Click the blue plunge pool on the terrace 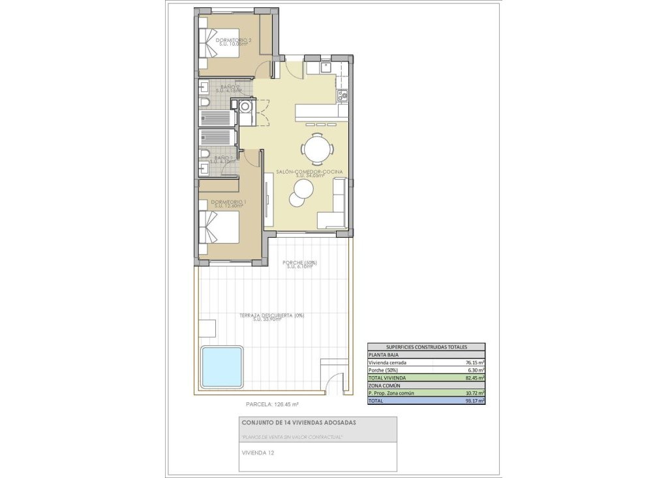coord(222,366)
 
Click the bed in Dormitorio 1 coord(220,228)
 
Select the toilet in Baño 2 coord(204,106)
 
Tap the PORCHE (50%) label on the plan coord(299,263)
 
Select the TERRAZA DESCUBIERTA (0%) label coord(271,316)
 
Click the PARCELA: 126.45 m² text coord(272,404)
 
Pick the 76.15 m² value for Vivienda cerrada coord(473,362)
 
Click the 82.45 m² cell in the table coord(473,378)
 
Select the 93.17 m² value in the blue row coord(473,401)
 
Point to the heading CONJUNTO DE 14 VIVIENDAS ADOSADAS coord(299,422)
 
